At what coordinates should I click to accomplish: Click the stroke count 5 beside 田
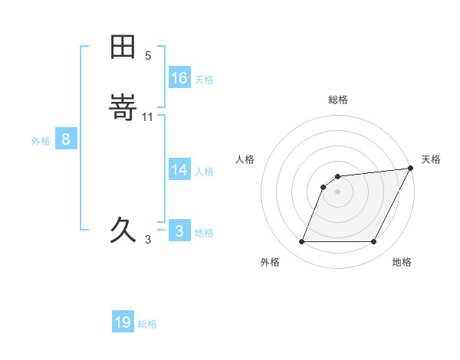(x=148, y=56)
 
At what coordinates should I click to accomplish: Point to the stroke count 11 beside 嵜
(x=148, y=116)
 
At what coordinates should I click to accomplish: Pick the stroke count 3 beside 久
(x=148, y=239)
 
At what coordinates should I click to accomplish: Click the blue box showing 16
(x=179, y=78)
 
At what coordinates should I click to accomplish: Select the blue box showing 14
(x=179, y=170)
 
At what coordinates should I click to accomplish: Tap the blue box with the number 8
(x=66, y=139)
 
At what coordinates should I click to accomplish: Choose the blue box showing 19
(x=123, y=322)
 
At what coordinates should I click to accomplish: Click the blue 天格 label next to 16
(x=204, y=80)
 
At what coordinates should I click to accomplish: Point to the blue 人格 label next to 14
(x=204, y=172)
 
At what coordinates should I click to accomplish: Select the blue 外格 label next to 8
(x=41, y=141)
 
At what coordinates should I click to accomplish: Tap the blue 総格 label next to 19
(x=147, y=324)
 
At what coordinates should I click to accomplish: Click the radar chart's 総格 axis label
(x=338, y=100)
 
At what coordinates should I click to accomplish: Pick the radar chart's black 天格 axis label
(x=431, y=159)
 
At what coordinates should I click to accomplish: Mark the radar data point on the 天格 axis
(x=411, y=168)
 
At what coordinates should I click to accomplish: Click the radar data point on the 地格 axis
(x=374, y=242)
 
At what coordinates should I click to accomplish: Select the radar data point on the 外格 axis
(x=301, y=242)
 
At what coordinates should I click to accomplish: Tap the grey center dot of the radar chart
(x=338, y=191)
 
